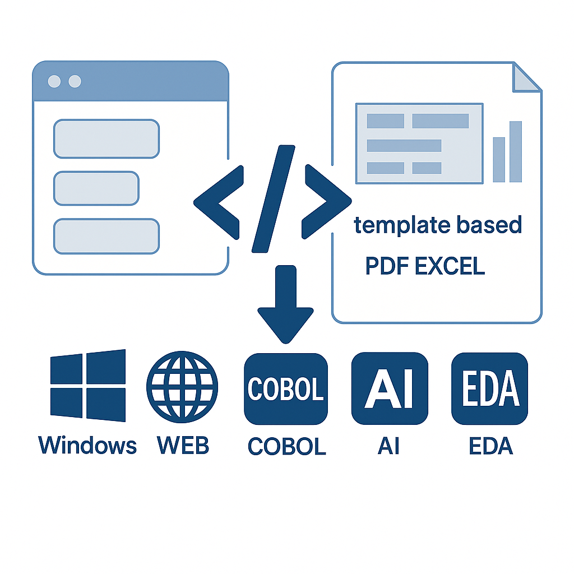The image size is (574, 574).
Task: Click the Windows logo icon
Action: click(88, 386)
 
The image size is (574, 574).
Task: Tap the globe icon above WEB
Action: click(182, 386)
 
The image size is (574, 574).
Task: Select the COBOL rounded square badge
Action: click(286, 389)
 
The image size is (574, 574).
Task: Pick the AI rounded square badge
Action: click(389, 389)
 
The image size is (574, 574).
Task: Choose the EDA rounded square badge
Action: click(489, 389)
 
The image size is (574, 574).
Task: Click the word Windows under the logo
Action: click(87, 446)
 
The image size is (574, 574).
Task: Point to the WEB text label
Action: click(183, 446)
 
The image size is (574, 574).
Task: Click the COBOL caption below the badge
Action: click(286, 447)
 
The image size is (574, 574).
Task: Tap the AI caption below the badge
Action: click(389, 447)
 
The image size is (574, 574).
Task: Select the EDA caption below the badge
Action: click(490, 447)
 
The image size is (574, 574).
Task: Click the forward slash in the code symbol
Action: click(274, 197)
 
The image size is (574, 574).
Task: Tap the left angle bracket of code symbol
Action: click(219, 202)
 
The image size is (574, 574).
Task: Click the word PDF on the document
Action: click(387, 266)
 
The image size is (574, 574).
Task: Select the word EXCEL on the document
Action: click(450, 266)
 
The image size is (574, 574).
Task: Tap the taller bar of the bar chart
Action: click(516, 151)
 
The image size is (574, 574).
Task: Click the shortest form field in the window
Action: click(96, 188)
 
